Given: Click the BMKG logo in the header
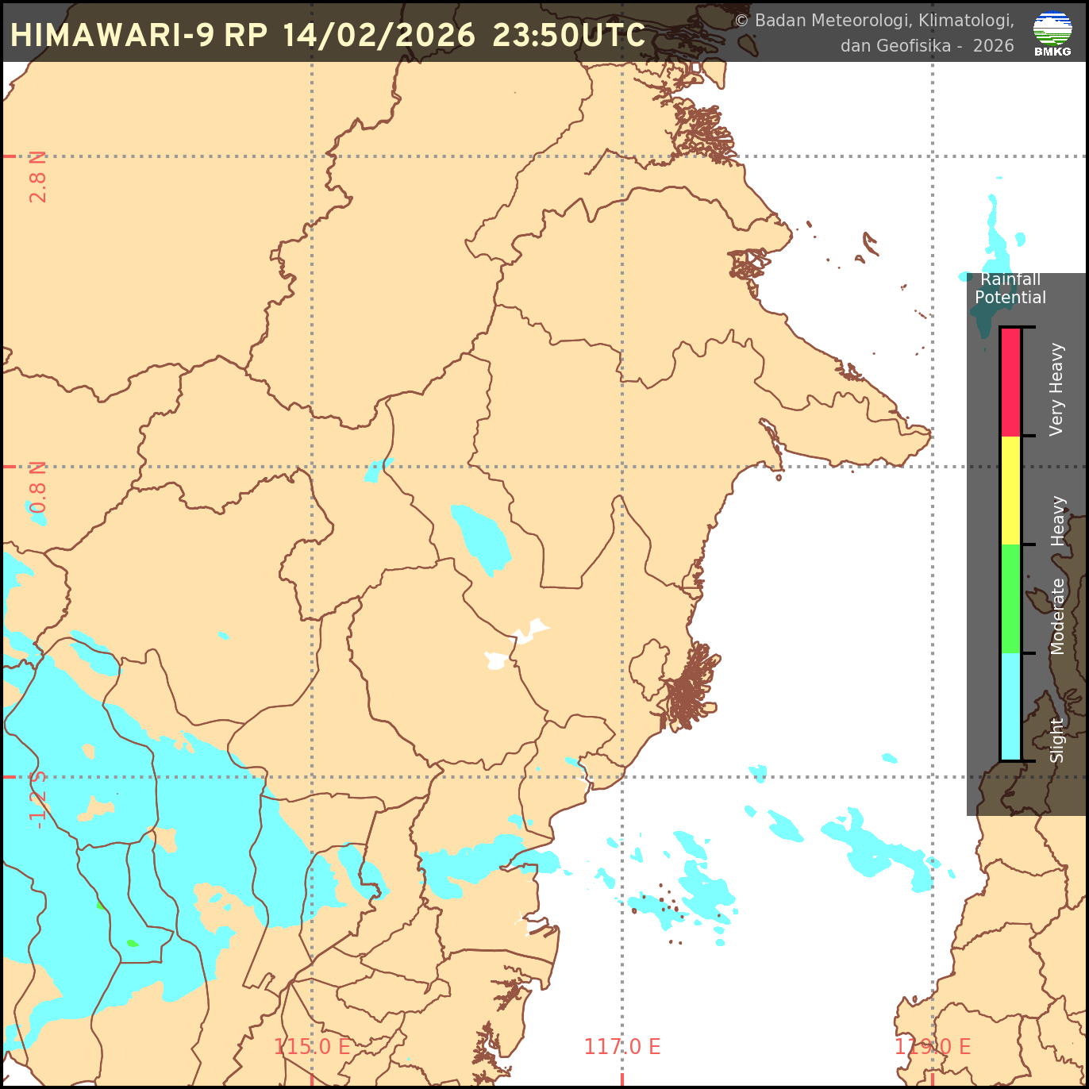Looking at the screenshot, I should point(1052,33).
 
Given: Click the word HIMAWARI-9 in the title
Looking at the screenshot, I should point(112,36).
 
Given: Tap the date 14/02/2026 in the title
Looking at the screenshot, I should point(379,36).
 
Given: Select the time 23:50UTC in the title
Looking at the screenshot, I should point(568,36).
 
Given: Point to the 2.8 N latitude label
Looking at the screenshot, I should point(38,176).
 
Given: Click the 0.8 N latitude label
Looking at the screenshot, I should point(38,487).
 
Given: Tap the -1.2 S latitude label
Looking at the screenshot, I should point(38,799).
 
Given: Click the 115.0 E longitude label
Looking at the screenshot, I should point(312,1046).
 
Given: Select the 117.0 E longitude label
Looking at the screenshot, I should point(622,1046).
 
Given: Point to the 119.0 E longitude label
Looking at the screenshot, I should point(933,1046).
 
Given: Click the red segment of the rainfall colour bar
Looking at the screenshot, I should point(1010,382).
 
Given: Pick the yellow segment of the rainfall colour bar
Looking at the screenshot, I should point(1010,490).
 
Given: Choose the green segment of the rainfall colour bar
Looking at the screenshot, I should point(1010,598).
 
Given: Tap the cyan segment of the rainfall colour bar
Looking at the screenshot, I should point(1010,706).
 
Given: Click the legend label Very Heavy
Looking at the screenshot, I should point(1056,389).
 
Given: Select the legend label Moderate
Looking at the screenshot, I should point(1057,616).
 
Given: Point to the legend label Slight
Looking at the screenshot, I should point(1056,740).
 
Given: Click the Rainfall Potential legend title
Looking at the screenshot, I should point(1010,288).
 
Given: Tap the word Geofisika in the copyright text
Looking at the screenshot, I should point(913,46).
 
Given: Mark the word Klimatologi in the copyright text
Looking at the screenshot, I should point(965,21).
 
